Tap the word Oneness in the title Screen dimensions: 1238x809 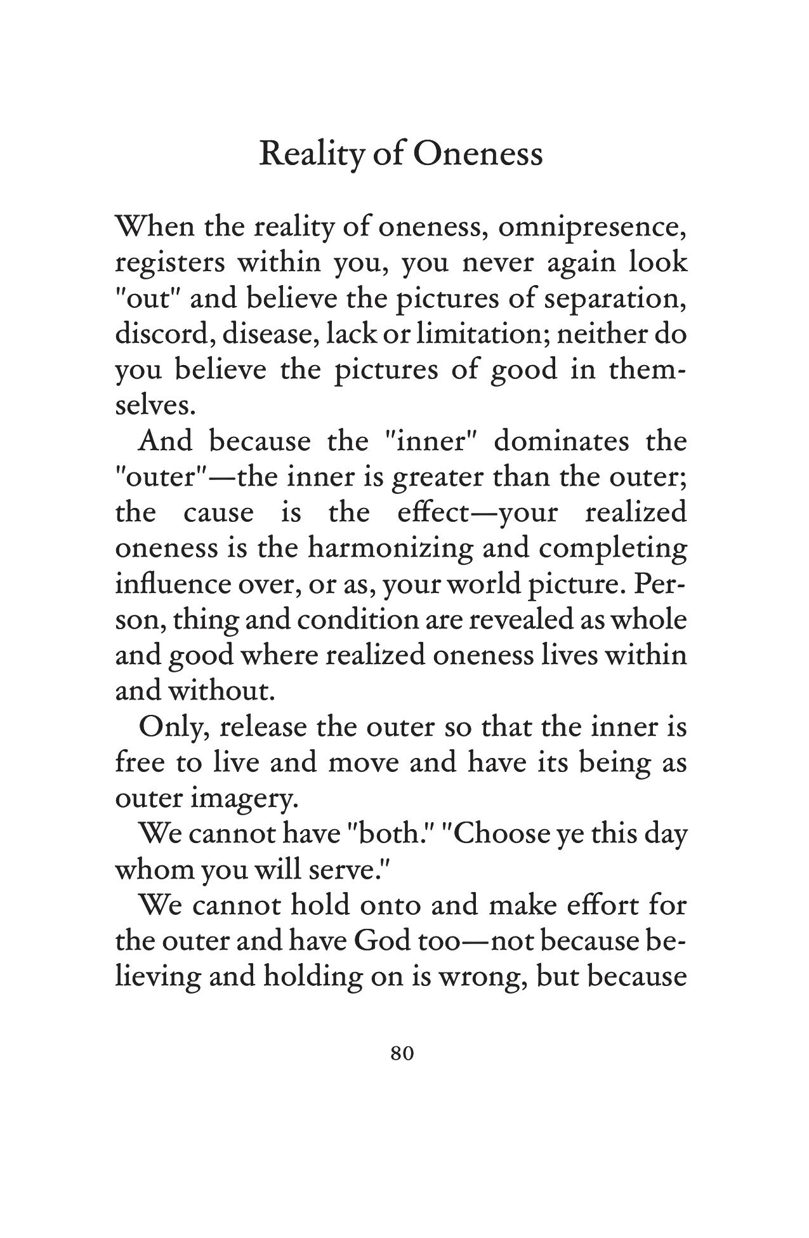coord(478,154)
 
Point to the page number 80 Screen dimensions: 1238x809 coord(403,1053)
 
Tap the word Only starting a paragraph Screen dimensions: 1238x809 coord(173,728)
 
